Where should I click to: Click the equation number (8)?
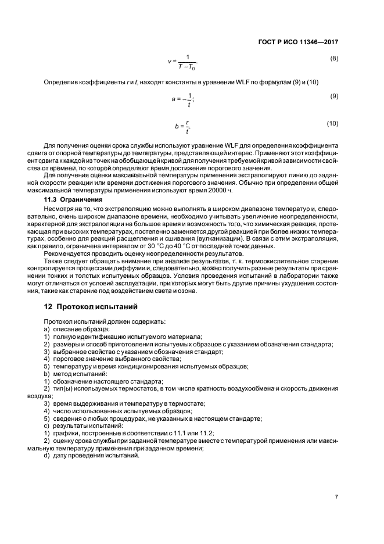pyautogui.click(x=334, y=59)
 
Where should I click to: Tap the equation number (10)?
pyautogui.click(x=332, y=123)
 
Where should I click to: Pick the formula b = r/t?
pyautogui.click(x=182, y=126)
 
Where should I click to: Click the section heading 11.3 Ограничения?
pyautogui.click(x=74, y=199)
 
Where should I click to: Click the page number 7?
pyautogui.click(x=336, y=497)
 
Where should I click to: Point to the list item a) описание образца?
pyautogui.click(x=76, y=329)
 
